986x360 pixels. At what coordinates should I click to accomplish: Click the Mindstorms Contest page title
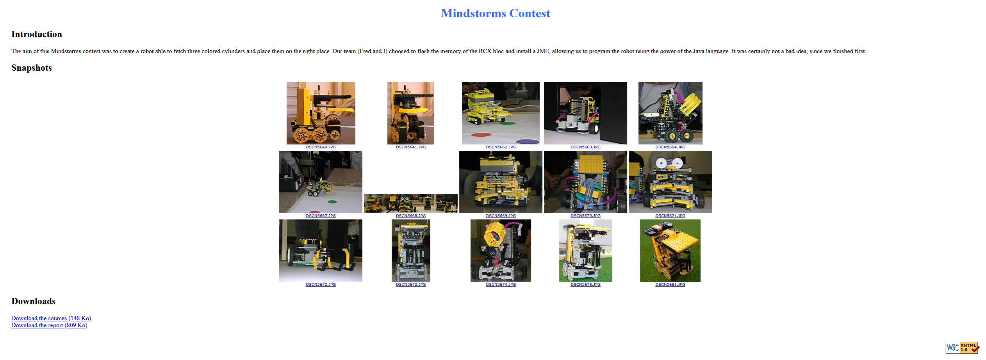pos(496,13)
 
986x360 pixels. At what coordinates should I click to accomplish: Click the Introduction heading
pos(37,34)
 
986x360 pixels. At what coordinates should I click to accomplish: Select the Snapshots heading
pos(32,68)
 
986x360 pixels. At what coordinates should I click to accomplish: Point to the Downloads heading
pos(34,301)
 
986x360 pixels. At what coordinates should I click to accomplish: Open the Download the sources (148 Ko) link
pos(51,318)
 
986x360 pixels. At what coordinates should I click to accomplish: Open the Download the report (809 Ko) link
pos(49,325)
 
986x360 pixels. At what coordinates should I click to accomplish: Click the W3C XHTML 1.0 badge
pos(962,348)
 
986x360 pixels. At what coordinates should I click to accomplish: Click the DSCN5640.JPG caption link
pos(321,147)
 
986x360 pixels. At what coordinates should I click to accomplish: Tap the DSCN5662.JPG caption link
pos(501,147)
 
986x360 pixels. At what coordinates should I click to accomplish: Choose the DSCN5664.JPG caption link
pos(670,147)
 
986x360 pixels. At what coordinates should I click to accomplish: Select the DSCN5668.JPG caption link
pos(411,216)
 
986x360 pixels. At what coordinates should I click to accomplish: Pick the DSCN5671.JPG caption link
pos(670,216)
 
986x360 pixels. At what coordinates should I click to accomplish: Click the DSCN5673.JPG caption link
pos(411,285)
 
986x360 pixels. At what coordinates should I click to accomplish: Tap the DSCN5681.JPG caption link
pos(670,285)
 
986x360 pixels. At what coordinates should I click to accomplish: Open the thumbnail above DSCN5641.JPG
pos(411,113)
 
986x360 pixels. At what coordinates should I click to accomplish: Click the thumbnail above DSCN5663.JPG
pos(585,113)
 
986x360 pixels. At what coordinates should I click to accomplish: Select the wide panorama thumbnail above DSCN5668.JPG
pos(411,203)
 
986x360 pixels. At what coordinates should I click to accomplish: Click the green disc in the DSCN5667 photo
pos(332,201)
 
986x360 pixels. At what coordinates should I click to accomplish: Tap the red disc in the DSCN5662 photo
pos(481,135)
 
